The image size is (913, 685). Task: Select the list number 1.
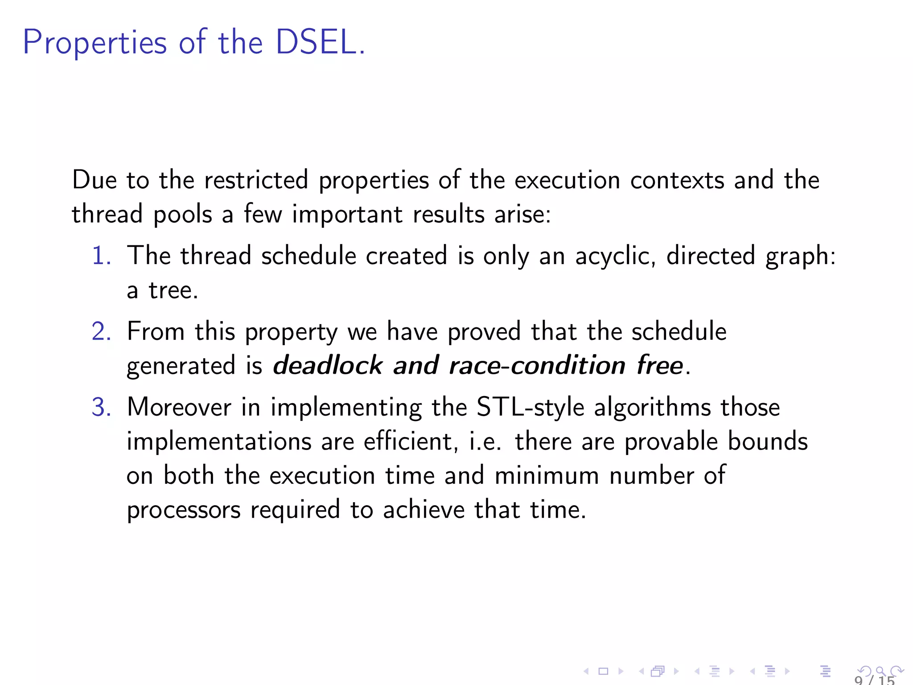tap(101, 256)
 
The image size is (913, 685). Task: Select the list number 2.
tap(101, 332)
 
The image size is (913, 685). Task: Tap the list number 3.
tap(101, 408)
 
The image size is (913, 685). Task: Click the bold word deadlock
tap(328, 366)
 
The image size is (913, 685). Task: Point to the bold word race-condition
tap(537, 366)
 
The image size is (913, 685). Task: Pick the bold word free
tap(659, 366)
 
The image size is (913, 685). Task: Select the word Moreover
tap(179, 408)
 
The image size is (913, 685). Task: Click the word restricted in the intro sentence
tap(256, 180)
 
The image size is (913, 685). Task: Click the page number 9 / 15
tap(874, 680)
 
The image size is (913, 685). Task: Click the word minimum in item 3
tap(547, 475)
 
